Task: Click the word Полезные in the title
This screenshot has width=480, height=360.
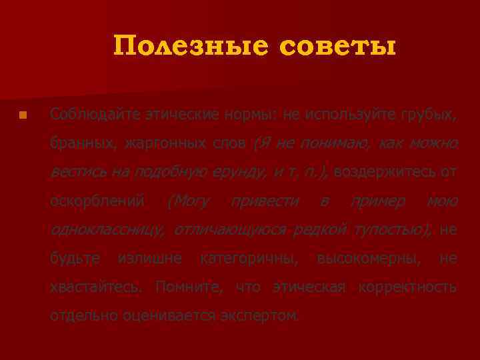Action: point(189,46)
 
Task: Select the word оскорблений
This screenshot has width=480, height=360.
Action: point(97,201)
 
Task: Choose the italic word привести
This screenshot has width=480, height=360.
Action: point(265,201)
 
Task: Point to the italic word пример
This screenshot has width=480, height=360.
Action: point(378,201)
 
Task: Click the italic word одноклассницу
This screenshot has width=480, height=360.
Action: point(107,230)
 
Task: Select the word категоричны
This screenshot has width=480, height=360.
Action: point(249,259)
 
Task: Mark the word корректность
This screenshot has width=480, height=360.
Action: point(407,287)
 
